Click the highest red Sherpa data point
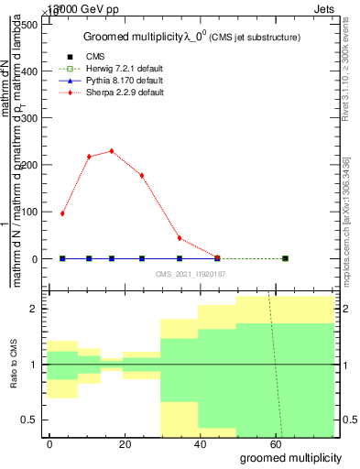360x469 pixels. [112, 151]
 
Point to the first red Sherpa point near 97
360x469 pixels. [62, 213]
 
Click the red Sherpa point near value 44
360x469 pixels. [180, 238]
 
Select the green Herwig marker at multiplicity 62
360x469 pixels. [285, 258]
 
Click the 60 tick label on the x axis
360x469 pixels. [275, 442]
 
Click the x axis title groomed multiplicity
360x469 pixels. [290, 456]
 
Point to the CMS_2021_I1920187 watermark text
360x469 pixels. [191, 274]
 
